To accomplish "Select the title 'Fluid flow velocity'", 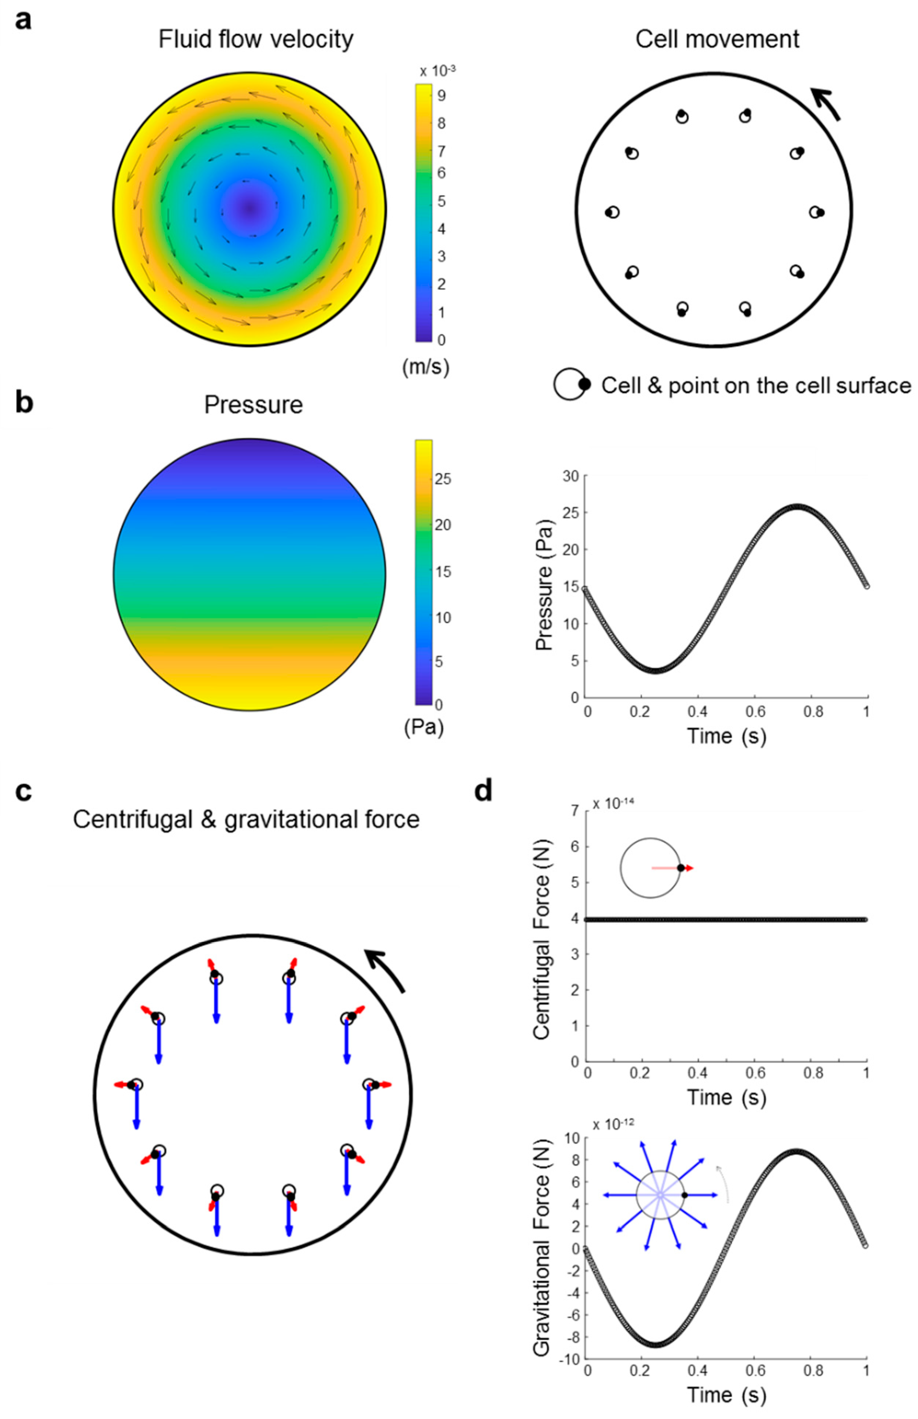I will [x=256, y=39].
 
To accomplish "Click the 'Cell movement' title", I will [x=717, y=39].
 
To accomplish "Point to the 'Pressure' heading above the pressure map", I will [x=253, y=405].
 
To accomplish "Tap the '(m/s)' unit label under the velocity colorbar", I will [x=425, y=367].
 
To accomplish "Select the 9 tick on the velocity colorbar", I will [x=441, y=95].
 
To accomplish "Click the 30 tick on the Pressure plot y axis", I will [x=571, y=476].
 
